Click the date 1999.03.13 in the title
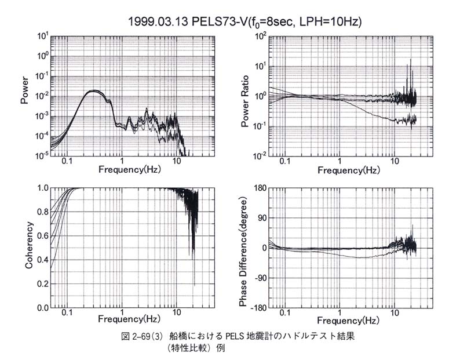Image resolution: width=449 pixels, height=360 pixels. tap(156, 21)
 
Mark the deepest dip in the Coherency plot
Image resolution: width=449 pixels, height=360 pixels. tap(194, 284)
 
